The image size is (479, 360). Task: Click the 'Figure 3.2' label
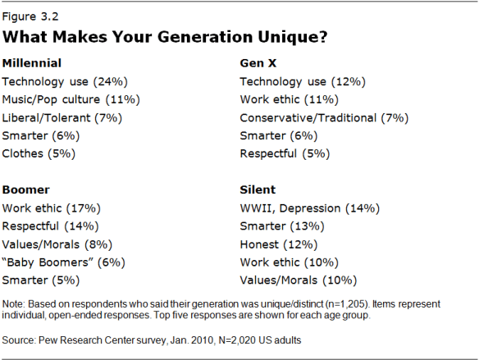pyautogui.click(x=31, y=14)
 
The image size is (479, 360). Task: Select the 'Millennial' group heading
pyautogui.click(x=33, y=63)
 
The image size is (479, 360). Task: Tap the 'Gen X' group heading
pyautogui.click(x=259, y=63)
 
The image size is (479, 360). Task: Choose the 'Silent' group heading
pyautogui.click(x=257, y=189)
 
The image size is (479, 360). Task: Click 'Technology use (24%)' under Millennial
pyautogui.click(x=66, y=81)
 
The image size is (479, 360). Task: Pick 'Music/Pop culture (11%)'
pyautogui.click(x=72, y=99)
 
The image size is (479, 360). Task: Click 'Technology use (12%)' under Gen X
pyautogui.click(x=302, y=81)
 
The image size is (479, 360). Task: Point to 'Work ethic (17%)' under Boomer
pyautogui.click(x=52, y=207)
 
